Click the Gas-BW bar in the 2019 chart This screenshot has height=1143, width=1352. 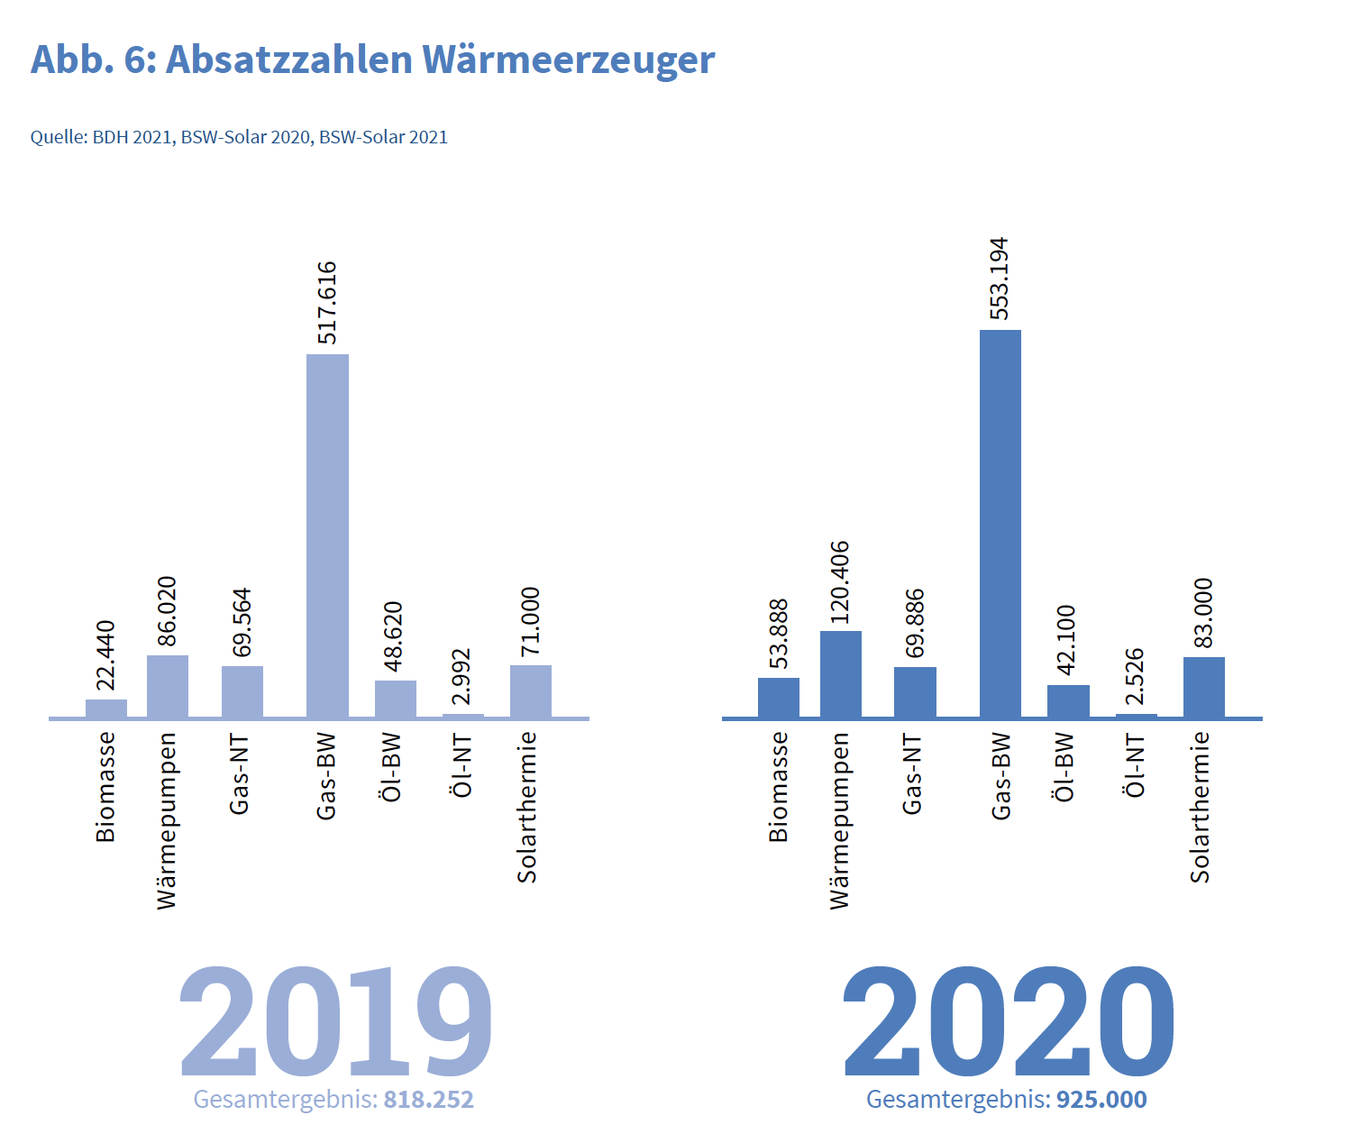point(327,536)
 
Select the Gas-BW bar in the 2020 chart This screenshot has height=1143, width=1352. point(1000,524)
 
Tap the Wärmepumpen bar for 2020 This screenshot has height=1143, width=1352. point(841,674)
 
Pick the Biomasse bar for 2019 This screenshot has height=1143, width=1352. point(106,709)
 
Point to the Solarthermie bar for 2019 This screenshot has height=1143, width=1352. point(531,691)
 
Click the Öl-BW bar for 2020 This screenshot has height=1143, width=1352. point(1068,701)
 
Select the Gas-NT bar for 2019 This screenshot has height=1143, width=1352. point(242,691)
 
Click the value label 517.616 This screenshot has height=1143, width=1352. point(327,303)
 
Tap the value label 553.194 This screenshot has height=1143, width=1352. point(1000,279)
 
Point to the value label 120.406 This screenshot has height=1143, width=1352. point(840,582)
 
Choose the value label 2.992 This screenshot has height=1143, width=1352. point(461,676)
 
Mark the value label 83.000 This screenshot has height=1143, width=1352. point(1203,613)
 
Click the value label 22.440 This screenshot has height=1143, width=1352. point(106,655)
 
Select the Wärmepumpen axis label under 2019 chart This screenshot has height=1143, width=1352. point(167,820)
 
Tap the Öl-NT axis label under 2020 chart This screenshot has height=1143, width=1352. point(1136,765)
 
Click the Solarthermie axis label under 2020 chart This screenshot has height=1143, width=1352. point(1201,807)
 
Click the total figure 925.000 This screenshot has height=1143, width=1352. point(1101,1100)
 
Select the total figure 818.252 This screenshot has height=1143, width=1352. point(428,1100)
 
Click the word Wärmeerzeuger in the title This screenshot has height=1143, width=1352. point(569,59)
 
